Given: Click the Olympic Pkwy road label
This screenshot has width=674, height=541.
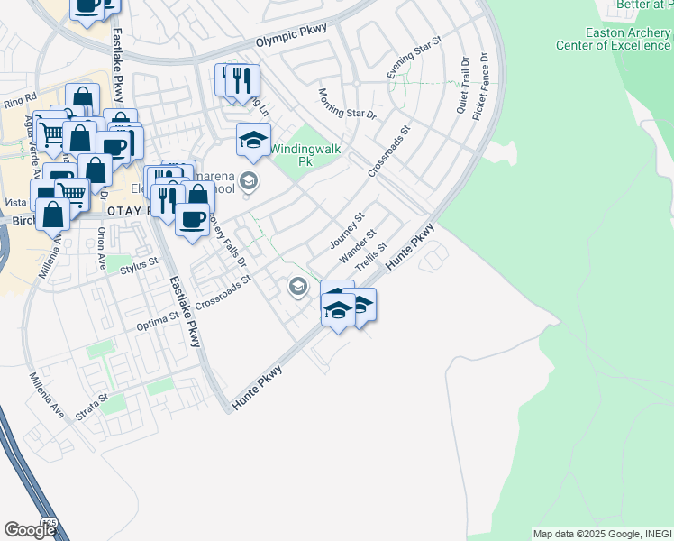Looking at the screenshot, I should tap(289, 41).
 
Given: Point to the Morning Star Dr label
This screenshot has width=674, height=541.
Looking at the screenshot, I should tap(347, 104).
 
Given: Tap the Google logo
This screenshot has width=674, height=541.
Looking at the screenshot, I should tap(30, 530).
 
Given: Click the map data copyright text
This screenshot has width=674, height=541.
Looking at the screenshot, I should tap(602, 534).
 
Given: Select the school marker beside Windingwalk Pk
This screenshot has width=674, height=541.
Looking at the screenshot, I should tap(254, 139).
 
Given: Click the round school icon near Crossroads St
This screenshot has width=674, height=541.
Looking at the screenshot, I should tap(296, 288).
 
